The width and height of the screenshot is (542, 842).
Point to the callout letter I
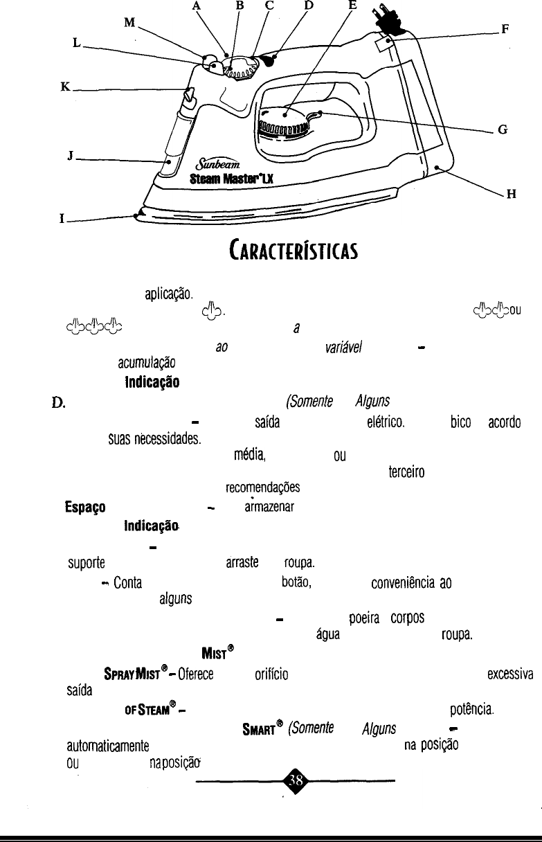pyautogui.click(x=62, y=220)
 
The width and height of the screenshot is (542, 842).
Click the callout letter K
pyautogui.click(x=66, y=88)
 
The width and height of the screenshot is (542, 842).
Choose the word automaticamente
pyautogui.click(x=105, y=744)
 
